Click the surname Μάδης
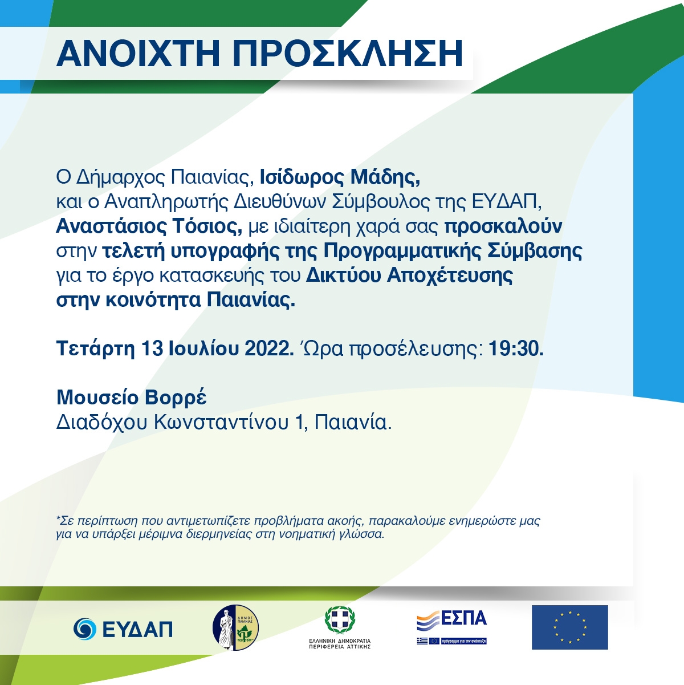click(385, 178)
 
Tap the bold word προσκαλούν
click(503, 226)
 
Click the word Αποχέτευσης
click(450, 275)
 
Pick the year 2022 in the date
click(267, 348)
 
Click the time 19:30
click(516, 348)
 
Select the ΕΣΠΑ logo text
click(463, 618)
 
